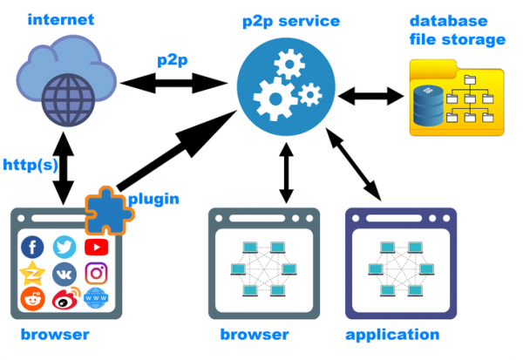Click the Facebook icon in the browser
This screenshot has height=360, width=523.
[32, 247]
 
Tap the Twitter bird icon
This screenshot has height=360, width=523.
[64, 247]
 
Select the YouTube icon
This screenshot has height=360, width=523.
[96, 247]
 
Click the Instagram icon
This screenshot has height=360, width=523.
[96, 273]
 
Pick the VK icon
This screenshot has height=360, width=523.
[64, 273]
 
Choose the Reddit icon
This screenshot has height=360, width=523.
[32, 299]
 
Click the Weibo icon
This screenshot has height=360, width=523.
[64, 299]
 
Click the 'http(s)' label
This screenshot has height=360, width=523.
[28, 165]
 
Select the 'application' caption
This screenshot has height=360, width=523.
[392, 335]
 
